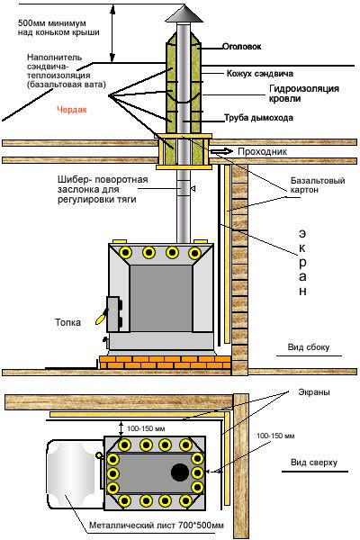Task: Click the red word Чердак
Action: tap(72, 110)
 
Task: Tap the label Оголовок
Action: tap(241, 47)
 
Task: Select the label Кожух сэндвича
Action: tap(260, 74)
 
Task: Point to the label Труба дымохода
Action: tap(258, 118)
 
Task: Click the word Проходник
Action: tap(262, 152)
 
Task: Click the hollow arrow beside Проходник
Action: tap(222, 151)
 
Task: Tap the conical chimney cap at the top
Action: tap(183, 13)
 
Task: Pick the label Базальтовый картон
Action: tap(318, 185)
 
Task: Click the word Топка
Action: tap(68, 322)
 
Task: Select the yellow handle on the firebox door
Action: tap(101, 318)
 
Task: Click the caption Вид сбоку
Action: tap(309, 347)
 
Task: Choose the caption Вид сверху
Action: tap(314, 463)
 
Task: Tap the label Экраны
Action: tap(314, 392)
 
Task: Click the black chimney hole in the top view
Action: tap(180, 472)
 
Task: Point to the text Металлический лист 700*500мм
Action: tap(157, 526)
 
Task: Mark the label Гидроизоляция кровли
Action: tap(304, 94)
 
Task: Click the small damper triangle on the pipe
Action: tap(193, 188)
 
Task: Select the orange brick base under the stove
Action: tap(165, 363)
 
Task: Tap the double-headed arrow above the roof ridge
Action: tap(112, 34)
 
